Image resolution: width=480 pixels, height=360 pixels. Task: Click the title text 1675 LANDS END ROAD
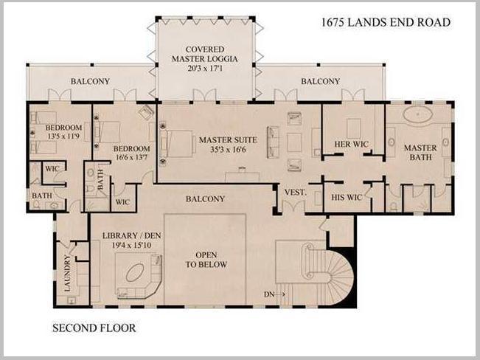tap(385, 23)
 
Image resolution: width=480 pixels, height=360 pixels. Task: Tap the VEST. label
tap(296, 193)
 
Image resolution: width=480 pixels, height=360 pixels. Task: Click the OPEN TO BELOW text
tap(206, 260)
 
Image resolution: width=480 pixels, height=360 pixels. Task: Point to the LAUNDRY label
tap(67, 273)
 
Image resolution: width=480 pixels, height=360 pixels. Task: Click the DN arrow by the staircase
tap(275, 294)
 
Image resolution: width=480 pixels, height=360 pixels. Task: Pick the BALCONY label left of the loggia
tap(90, 81)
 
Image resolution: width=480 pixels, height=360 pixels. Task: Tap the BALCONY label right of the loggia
tap(320, 81)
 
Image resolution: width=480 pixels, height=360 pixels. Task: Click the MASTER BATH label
tap(420, 153)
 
